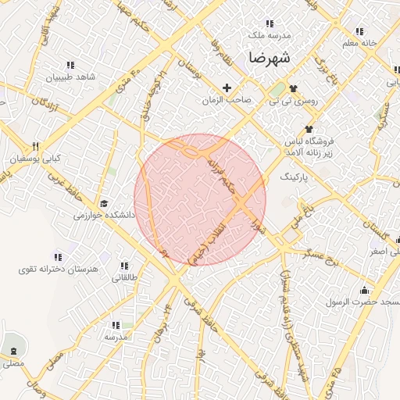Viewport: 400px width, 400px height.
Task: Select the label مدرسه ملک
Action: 269,36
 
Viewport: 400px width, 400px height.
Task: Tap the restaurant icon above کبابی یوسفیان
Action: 35,146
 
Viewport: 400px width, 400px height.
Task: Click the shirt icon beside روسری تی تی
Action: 294,89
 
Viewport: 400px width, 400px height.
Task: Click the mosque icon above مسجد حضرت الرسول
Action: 363,291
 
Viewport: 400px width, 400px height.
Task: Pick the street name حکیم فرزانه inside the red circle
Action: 221,174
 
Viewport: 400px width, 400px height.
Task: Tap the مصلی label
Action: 12,363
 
